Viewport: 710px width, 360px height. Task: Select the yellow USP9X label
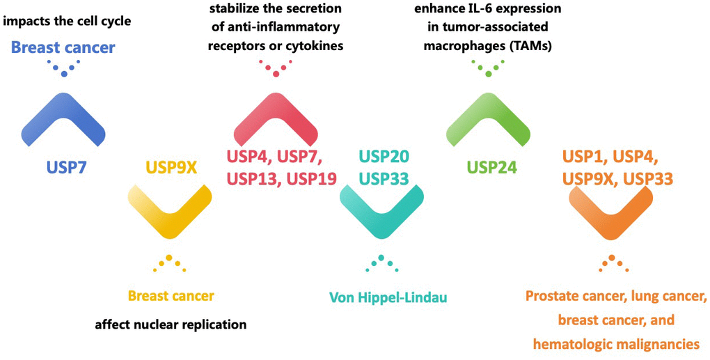[x=171, y=168]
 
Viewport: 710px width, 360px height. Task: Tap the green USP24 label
[x=491, y=167]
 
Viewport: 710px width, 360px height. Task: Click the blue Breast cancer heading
[x=63, y=48]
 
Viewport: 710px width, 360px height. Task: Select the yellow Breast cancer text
[x=171, y=296]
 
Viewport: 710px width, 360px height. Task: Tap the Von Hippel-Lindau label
[x=387, y=297]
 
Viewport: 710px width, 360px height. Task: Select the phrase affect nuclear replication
[x=171, y=324]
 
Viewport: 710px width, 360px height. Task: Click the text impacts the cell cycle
[x=68, y=22]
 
